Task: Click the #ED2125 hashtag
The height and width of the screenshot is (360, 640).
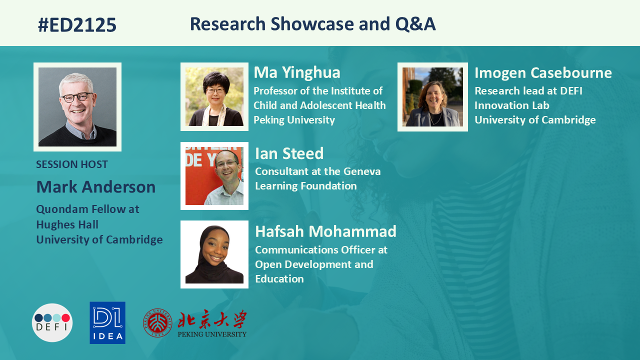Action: pos(77,24)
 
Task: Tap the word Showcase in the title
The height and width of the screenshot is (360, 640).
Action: pos(312,23)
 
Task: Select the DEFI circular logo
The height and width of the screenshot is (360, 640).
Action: pos(52,322)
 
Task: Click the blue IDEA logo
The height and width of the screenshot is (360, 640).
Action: pos(107,322)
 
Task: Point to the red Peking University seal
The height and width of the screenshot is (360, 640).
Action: pos(157,323)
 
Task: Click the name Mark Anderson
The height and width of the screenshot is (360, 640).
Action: pos(96,187)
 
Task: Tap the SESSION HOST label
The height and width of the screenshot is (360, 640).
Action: pos(72,164)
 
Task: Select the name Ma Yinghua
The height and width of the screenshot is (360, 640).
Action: pos(297,72)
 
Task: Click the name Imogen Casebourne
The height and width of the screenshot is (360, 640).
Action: pos(543,73)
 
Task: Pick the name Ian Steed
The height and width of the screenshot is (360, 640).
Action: pos(289,153)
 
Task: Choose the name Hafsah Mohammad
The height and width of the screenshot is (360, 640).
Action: pos(325,231)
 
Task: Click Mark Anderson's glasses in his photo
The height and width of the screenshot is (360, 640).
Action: pos(77,97)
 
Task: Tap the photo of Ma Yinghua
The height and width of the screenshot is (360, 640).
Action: pos(214,96)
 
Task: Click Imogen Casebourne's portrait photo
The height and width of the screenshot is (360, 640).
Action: pos(432,97)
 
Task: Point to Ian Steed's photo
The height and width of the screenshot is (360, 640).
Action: pos(214,176)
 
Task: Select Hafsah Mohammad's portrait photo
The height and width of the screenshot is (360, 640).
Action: pos(214,254)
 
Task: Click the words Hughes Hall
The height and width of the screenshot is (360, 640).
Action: pos(67,224)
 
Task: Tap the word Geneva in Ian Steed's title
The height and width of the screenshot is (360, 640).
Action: pos(362,171)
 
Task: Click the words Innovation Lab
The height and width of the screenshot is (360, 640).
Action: pos(511,105)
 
